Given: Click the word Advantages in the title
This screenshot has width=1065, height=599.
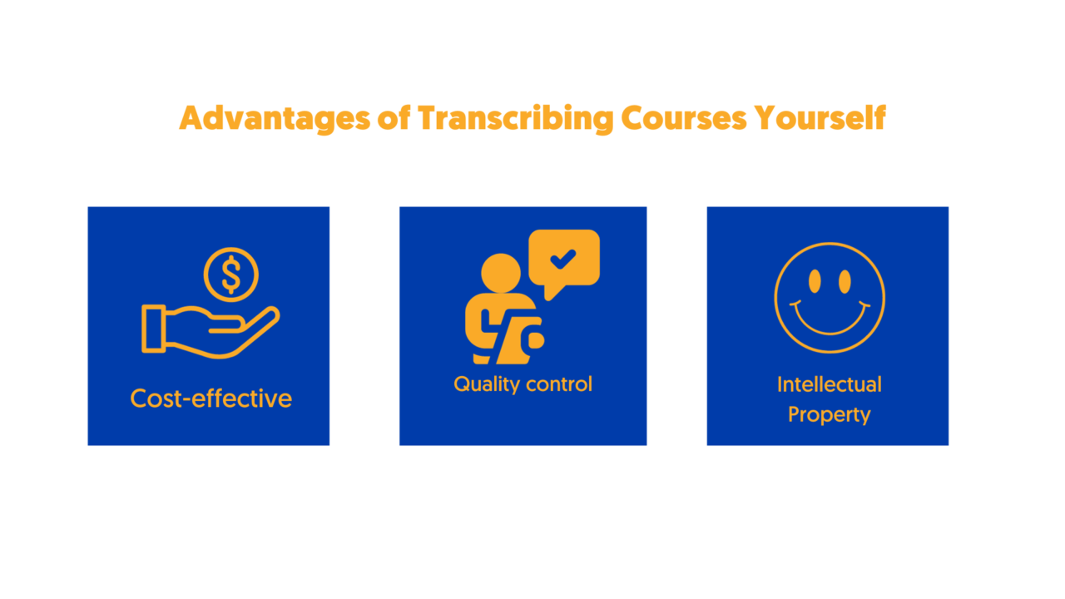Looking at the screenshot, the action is pyautogui.click(x=275, y=119).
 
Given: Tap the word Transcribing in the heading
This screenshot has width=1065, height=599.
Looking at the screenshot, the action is pyautogui.click(x=515, y=119).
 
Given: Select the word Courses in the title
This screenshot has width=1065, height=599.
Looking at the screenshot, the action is pyautogui.click(x=684, y=118).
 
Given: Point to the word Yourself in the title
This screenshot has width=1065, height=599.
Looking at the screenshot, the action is pyautogui.click(x=820, y=117).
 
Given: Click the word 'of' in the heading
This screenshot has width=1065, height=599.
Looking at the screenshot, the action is pyautogui.click(x=394, y=117).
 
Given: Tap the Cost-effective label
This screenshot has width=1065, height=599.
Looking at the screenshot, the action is pyautogui.click(x=211, y=399).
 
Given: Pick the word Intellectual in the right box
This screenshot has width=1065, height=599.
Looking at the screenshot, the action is pyautogui.click(x=830, y=384).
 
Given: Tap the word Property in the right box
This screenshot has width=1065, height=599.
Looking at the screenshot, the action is pyautogui.click(x=830, y=415).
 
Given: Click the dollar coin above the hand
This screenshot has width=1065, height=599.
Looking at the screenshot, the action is pyautogui.click(x=231, y=275).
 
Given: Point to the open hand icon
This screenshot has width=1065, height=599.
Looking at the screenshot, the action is pyautogui.click(x=211, y=331).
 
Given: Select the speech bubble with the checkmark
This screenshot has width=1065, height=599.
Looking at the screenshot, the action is pyautogui.click(x=564, y=265).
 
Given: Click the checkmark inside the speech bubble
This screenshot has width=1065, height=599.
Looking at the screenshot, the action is pyautogui.click(x=563, y=259).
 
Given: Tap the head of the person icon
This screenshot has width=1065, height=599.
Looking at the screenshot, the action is pyautogui.click(x=501, y=273).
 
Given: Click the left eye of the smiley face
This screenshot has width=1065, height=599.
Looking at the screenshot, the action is pyautogui.click(x=815, y=281).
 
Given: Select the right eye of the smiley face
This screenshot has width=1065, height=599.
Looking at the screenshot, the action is pyautogui.click(x=845, y=281).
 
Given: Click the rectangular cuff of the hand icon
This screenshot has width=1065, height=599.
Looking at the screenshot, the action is pyautogui.click(x=154, y=329).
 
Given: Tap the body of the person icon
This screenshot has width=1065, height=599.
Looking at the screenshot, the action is pyautogui.click(x=504, y=329).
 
